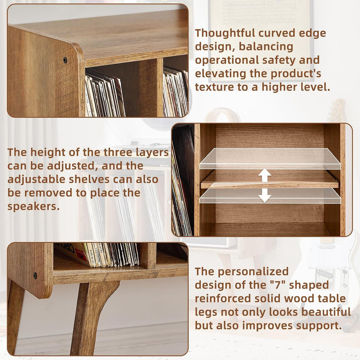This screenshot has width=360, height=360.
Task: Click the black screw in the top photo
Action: point(65,60)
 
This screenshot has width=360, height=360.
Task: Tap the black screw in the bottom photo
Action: point(35,276)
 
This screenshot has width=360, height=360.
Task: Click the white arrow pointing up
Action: point(264,175)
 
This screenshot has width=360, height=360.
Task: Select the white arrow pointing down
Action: point(264,195)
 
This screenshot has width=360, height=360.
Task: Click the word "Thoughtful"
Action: point(225,33)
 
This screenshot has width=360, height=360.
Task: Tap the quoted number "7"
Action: point(272,285)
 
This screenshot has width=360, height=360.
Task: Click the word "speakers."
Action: point(33,206)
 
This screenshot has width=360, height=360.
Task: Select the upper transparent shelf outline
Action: point(270,159)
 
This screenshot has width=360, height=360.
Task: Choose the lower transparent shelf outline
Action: point(270,196)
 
